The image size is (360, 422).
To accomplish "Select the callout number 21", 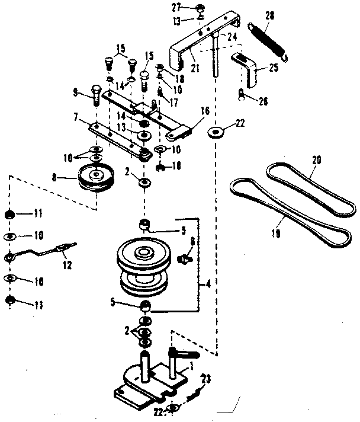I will pyautogui.click(x=195, y=69).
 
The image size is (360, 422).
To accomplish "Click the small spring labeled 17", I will pyautogui.click(x=159, y=92).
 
